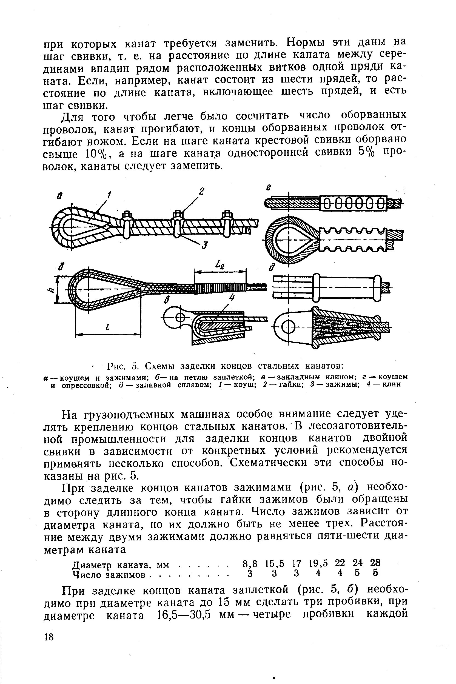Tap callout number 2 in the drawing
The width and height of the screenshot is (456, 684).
(201, 192)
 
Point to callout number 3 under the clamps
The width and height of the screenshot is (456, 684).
(205, 245)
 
